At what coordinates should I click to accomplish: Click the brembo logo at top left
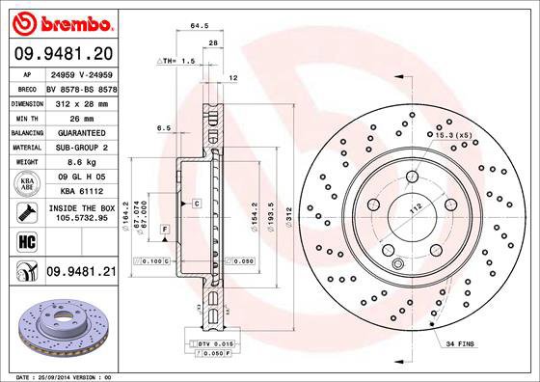click(61, 21)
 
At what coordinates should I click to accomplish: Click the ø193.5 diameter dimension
click(273, 213)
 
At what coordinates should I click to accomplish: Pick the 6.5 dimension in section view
click(164, 127)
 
